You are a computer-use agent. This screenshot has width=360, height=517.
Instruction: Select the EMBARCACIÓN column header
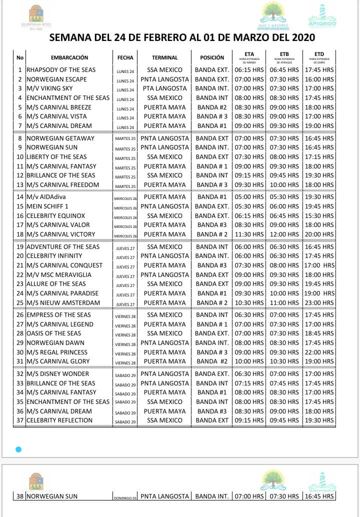pyautogui.click(x=69, y=57)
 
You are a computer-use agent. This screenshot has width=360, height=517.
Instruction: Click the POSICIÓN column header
pyautogui.click(x=212, y=57)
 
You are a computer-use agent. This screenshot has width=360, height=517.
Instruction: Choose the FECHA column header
pyautogui.click(x=125, y=57)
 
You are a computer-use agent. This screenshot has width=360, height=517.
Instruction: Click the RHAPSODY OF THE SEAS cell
pyautogui.click(x=61, y=70)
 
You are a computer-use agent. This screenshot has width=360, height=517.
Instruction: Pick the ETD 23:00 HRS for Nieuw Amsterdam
pyautogui.click(x=319, y=303)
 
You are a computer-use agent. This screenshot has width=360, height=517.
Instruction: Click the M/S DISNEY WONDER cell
pyautogui.click(x=57, y=374)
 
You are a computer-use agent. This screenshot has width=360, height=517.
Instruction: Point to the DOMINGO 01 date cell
pyautogui.click(x=125, y=497)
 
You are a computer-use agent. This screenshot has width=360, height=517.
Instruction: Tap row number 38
pyautogui.click(x=20, y=496)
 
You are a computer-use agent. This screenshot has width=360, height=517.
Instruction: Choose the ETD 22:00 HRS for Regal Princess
pyautogui.click(x=319, y=352)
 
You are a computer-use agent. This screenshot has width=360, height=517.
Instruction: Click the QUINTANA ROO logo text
pyautogui.click(x=36, y=24)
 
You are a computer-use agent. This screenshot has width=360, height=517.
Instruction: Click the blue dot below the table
pyautogui.click(x=18, y=449)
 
